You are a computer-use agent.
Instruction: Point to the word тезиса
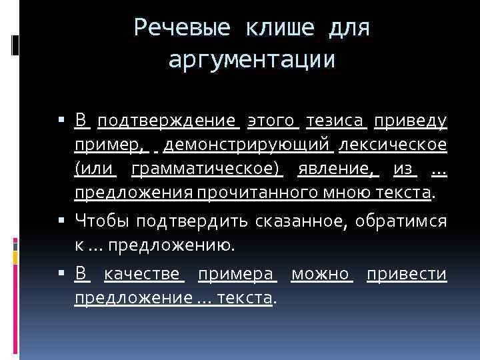[335, 121]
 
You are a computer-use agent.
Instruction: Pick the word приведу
[410, 121]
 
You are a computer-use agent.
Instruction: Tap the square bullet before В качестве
[61, 273]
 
